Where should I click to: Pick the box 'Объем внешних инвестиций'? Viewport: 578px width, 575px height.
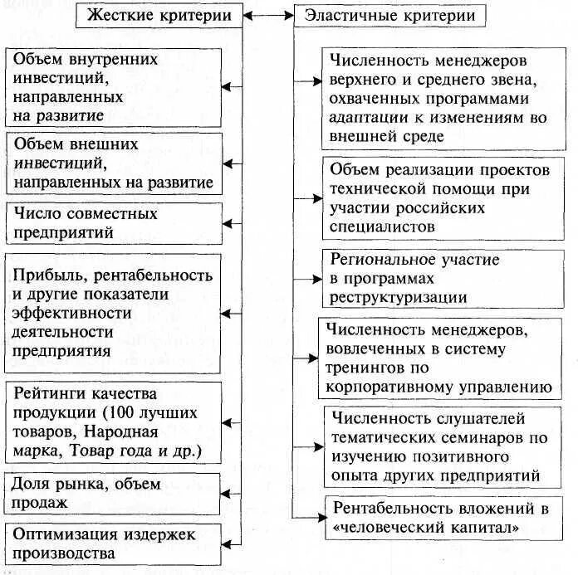pyautogui.click(x=114, y=163)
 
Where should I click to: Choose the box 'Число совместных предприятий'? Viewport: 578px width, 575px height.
pyautogui.click(x=114, y=223)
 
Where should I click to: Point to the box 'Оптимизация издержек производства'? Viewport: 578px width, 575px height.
pyautogui.click(x=114, y=543)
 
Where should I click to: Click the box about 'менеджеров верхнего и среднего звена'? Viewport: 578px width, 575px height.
pyautogui.click(x=436, y=98)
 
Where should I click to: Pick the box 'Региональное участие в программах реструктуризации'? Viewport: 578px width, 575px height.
pyautogui.click(x=436, y=278)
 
